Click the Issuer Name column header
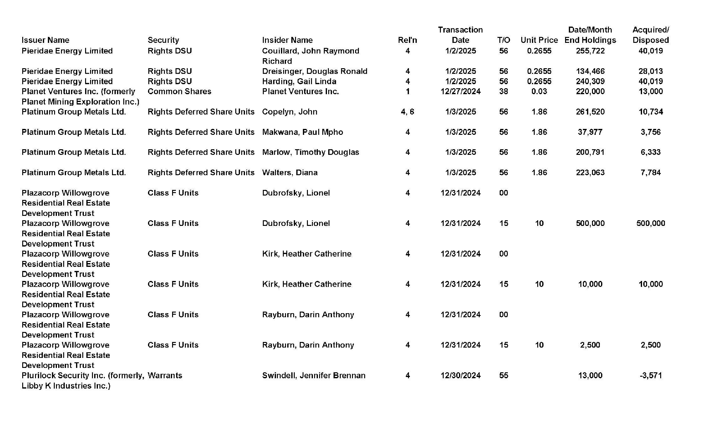(x=45, y=40)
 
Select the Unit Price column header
(x=539, y=40)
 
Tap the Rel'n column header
(x=407, y=40)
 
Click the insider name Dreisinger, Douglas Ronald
(x=314, y=71)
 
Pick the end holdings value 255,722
(x=590, y=51)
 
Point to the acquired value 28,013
(x=650, y=71)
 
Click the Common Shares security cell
(x=179, y=91)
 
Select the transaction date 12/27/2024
(x=460, y=91)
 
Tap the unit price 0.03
(x=539, y=91)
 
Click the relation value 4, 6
(x=407, y=112)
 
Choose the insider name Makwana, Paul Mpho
(x=302, y=132)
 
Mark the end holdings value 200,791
(x=590, y=152)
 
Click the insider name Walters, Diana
(x=290, y=172)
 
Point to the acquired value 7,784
(x=650, y=172)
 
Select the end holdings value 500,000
(x=590, y=223)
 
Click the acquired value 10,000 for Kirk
(x=650, y=284)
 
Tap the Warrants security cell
(x=165, y=375)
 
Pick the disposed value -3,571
(x=650, y=375)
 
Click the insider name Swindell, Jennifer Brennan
(x=314, y=375)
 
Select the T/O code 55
(x=503, y=375)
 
